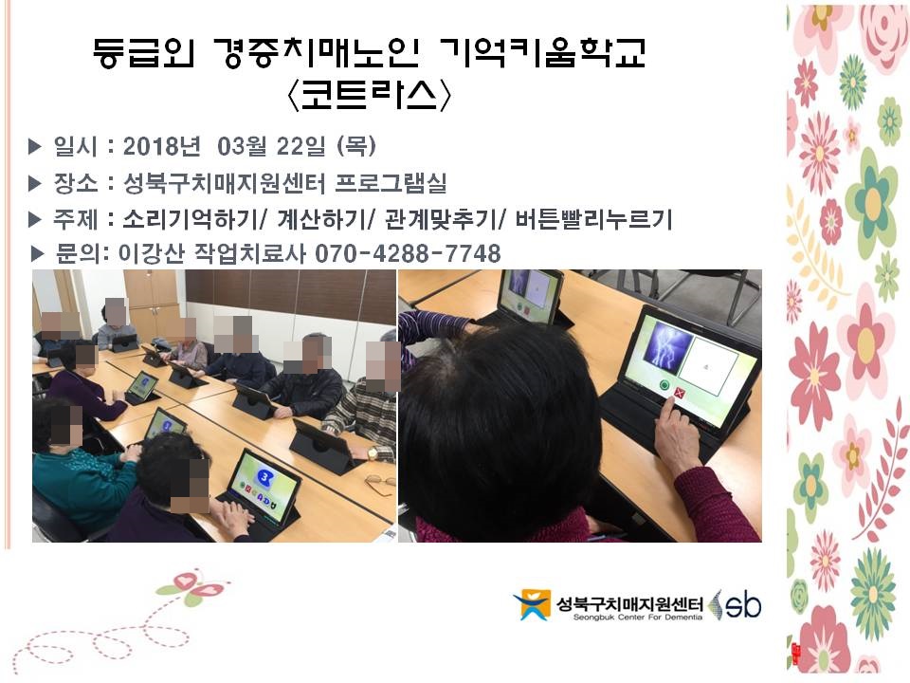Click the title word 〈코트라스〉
(x=369, y=95)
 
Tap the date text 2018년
(x=162, y=146)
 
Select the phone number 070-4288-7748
(x=408, y=254)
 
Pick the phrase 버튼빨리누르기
(x=593, y=219)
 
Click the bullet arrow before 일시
(x=35, y=146)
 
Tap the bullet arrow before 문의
(x=37, y=254)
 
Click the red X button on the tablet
(x=681, y=394)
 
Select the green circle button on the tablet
(x=664, y=385)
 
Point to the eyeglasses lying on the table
(x=379, y=483)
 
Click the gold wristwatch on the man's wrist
(x=373, y=452)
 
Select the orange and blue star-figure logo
(x=531, y=604)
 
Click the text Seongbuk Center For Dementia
(x=637, y=618)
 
